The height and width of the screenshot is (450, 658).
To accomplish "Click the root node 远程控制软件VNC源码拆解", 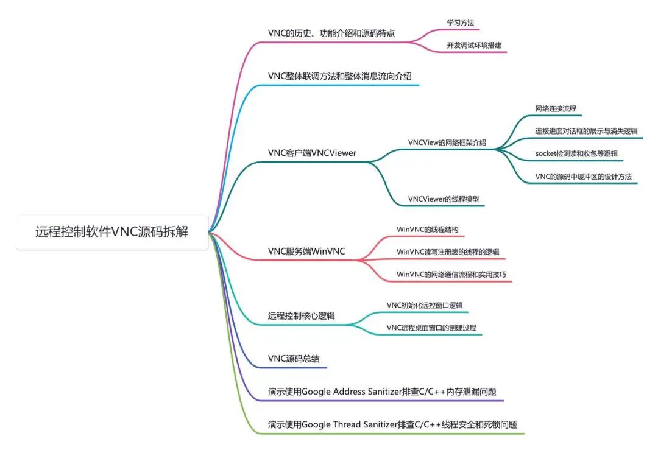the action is click(111, 232).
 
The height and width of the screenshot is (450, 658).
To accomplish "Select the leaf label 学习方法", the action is click(461, 23).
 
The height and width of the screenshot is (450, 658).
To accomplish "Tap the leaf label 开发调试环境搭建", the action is click(474, 45).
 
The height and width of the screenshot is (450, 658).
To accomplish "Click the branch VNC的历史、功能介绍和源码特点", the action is click(331, 33).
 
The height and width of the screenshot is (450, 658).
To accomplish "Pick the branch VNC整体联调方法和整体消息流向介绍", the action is click(339, 76).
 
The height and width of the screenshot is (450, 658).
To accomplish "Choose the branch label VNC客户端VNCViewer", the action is click(312, 153).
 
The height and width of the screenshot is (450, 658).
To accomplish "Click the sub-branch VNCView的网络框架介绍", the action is click(447, 142).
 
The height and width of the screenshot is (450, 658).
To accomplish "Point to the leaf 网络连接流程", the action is click(556, 108).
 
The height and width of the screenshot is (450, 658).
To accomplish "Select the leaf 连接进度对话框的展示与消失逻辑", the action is click(586, 132).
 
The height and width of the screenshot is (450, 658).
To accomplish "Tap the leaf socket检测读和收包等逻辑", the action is click(576, 153).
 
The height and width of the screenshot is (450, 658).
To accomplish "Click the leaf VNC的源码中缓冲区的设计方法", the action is click(583, 177).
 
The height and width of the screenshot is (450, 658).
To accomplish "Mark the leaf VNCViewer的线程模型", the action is click(444, 199).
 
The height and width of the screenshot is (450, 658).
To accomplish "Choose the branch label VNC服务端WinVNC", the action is click(306, 251).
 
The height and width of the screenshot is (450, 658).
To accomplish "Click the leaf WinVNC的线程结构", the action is click(428, 230).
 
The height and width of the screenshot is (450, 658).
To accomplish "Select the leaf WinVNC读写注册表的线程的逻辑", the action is click(448, 252).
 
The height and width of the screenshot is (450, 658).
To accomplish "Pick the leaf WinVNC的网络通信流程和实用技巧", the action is click(451, 274).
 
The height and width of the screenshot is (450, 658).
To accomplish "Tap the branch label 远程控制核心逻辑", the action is click(302, 316).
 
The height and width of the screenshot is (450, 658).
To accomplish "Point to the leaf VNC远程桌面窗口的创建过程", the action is click(431, 328).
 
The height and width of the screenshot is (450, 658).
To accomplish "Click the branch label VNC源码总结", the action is click(294, 359).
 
